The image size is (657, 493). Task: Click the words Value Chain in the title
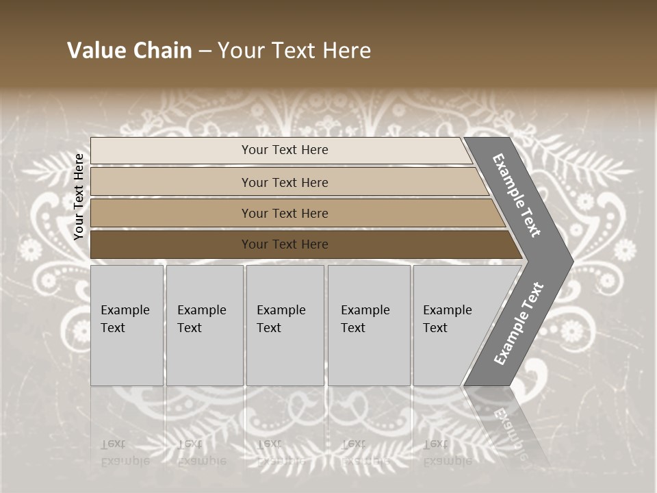click(129, 51)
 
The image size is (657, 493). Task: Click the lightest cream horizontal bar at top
click(171, 151)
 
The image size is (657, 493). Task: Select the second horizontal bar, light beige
click(171, 182)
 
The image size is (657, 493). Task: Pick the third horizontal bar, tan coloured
click(171, 214)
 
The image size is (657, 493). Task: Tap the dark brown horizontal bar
click(171, 244)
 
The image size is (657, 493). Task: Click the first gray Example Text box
click(127, 356)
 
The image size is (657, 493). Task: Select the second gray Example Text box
click(205, 356)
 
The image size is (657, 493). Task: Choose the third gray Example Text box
click(285, 356)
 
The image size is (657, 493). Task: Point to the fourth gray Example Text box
click(369, 356)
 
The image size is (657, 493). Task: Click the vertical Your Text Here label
click(79, 197)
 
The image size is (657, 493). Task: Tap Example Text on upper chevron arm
click(517, 195)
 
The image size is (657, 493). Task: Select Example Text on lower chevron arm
click(518, 324)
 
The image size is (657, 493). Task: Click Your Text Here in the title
click(294, 51)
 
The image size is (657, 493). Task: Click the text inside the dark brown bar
click(285, 244)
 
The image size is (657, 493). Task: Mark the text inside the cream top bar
click(285, 150)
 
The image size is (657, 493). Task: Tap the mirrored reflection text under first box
click(125, 453)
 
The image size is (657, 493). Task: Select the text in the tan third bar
click(285, 214)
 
